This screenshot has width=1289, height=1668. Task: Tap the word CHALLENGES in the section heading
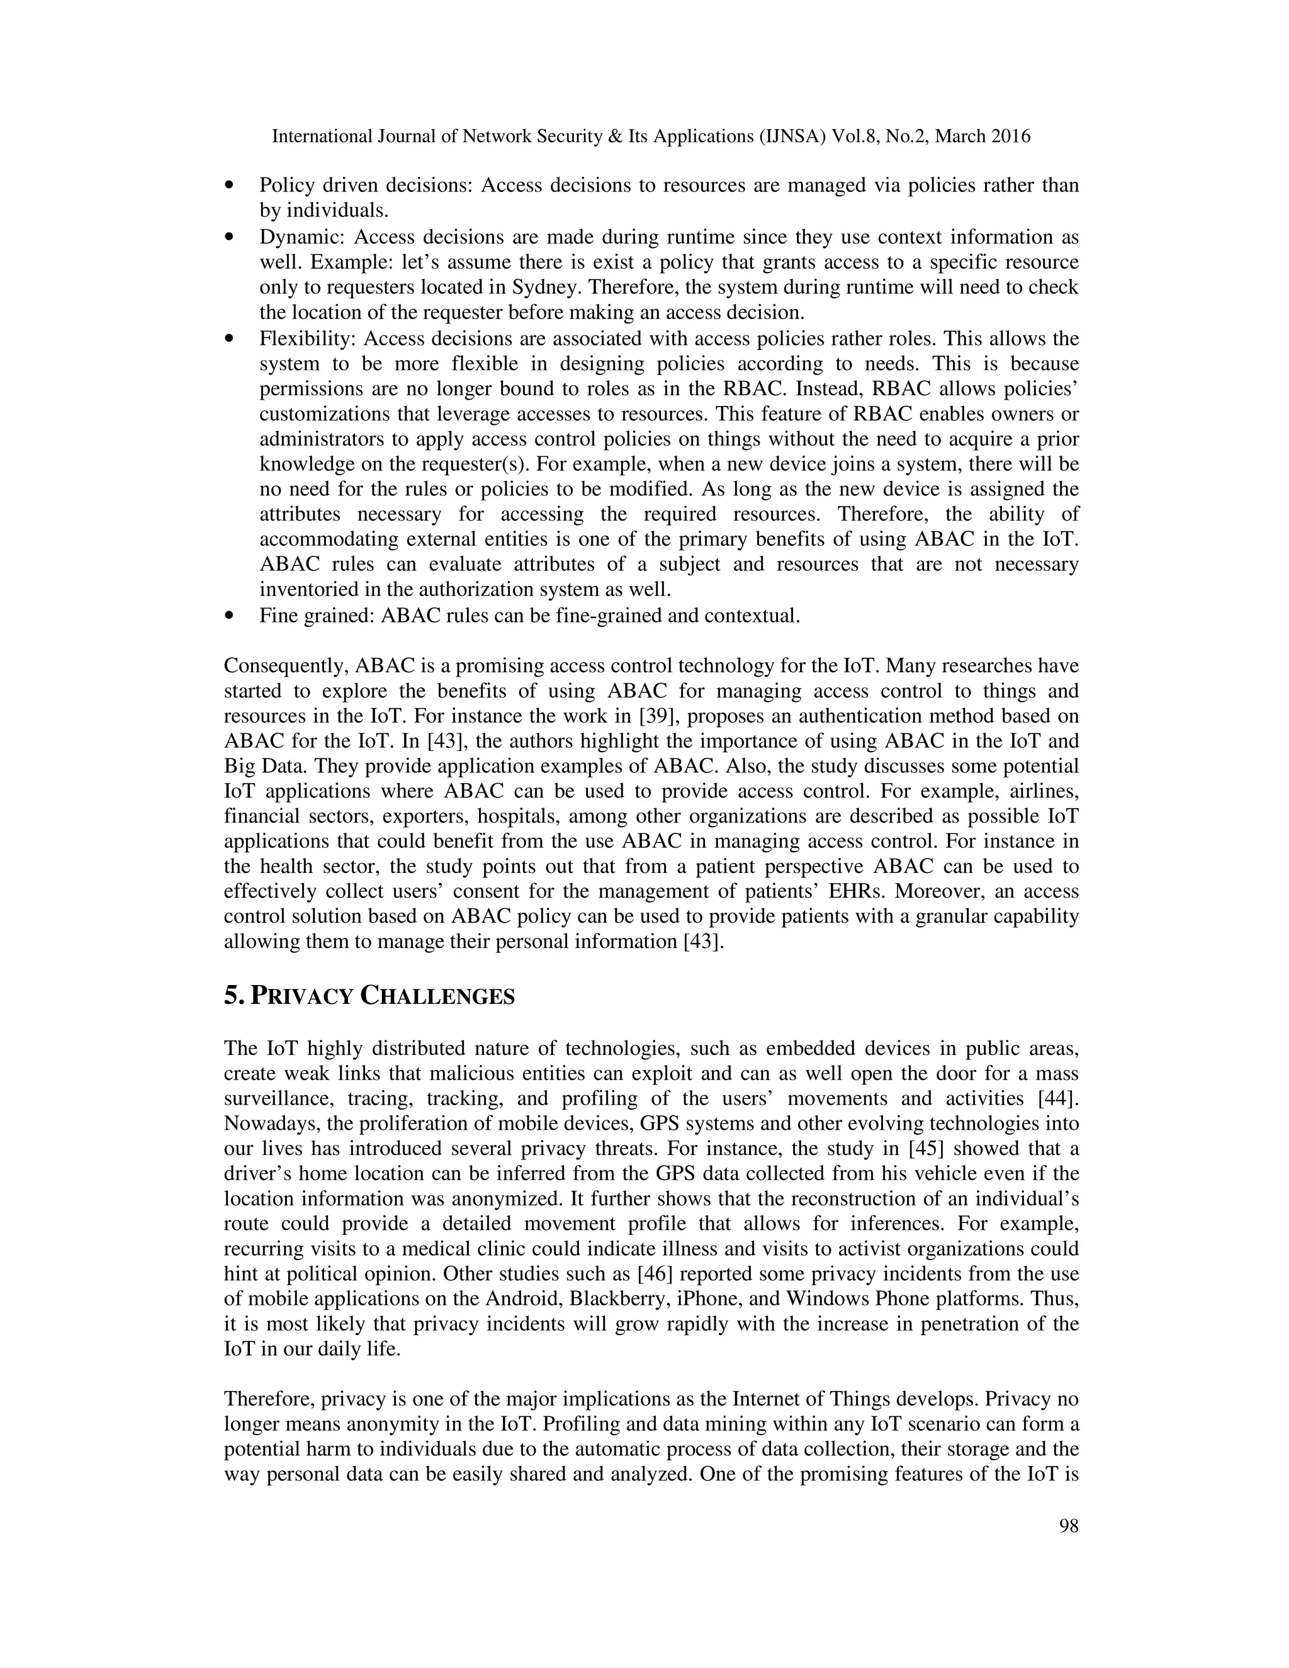[x=437, y=996]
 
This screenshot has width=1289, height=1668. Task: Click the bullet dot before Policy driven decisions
[x=229, y=186]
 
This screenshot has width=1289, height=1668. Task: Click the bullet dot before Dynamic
[x=229, y=237]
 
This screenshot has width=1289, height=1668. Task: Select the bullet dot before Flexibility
[x=229, y=339]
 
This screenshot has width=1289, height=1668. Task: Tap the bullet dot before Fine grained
[x=229, y=616]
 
